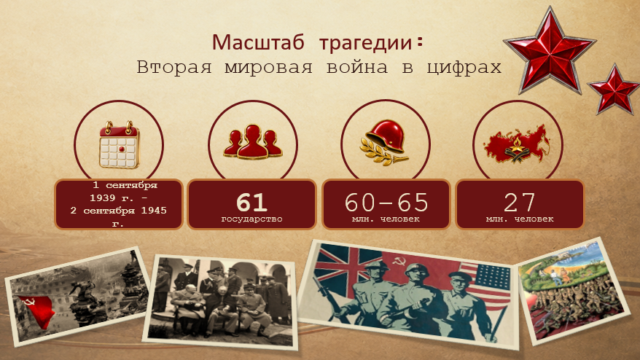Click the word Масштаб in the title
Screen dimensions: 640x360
point(258,42)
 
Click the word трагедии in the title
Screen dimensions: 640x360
point(365,43)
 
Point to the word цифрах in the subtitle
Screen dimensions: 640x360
point(464,68)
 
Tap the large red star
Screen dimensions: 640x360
point(550,51)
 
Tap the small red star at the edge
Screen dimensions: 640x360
point(614,89)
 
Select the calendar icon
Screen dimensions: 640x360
point(120,144)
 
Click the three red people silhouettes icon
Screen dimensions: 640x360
point(253,141)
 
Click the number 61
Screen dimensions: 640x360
point(251,202)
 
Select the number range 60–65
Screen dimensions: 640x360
point(386,202)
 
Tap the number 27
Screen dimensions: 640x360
point(519,202)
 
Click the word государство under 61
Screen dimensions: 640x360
point(251,219)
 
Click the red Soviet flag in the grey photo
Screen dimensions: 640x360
point(35,311)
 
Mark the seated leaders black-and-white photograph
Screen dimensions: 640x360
point(220,302)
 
